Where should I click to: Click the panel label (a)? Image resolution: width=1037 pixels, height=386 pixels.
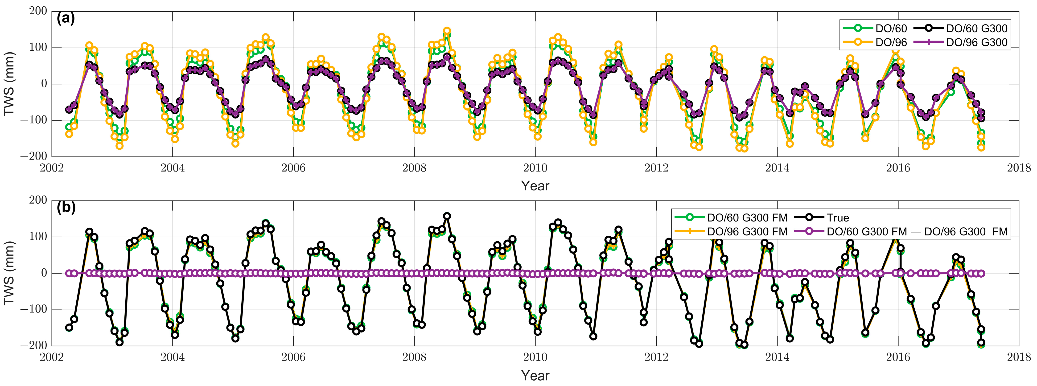point(66,19)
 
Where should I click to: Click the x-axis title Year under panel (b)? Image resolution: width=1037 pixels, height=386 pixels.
point(535,376)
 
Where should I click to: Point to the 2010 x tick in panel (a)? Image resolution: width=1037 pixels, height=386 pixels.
point(535,168)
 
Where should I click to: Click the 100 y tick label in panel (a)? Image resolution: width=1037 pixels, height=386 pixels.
point(38,48)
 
